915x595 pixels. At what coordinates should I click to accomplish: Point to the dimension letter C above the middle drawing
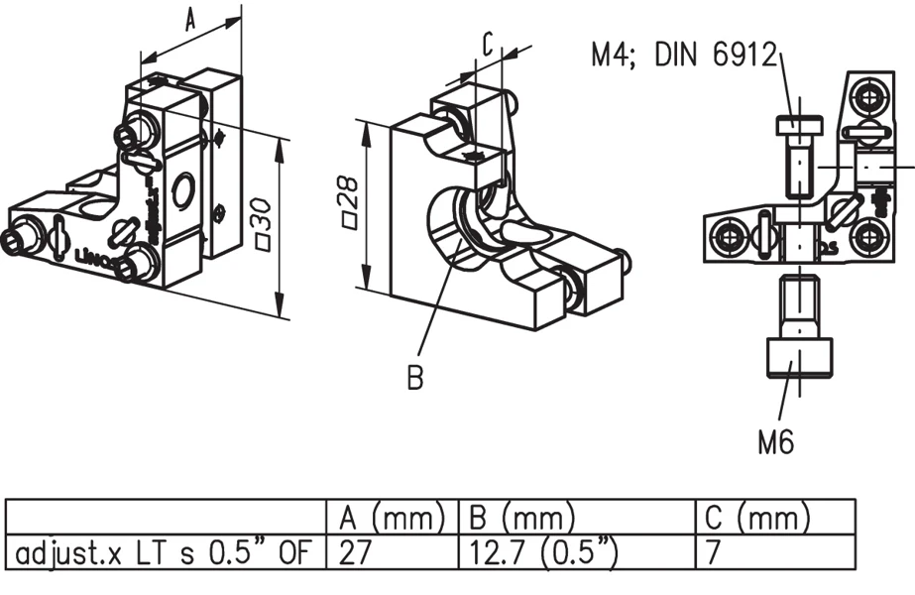(488, 45)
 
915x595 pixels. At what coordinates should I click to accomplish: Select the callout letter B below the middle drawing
(415, 377)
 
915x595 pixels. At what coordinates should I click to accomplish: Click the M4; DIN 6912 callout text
(683, 55)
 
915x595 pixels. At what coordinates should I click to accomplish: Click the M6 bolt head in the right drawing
(800, 358)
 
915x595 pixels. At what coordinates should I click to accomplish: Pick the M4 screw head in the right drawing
(799, 127)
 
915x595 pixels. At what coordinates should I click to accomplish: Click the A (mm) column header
(391, 517)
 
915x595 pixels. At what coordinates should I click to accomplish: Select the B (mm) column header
(518, 517)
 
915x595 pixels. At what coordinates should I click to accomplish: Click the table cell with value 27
(354, 551)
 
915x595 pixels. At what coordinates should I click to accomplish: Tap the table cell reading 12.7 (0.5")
(541, 551)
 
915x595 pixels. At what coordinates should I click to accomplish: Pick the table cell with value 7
(715, 551)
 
